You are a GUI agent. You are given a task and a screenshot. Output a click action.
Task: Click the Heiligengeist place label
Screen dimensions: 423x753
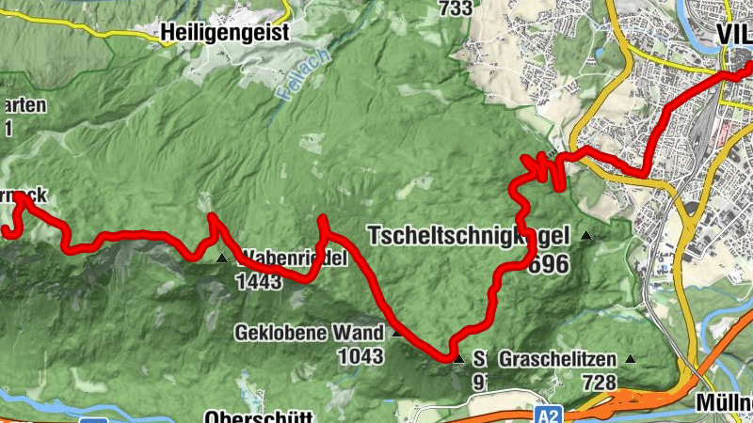point(224,31)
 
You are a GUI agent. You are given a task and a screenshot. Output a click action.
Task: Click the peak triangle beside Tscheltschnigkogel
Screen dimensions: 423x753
point(586,235)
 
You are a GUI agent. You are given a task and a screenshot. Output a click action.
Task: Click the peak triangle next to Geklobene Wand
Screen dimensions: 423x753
point(396,333)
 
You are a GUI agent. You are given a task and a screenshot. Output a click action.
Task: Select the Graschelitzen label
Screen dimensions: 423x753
point(557,359)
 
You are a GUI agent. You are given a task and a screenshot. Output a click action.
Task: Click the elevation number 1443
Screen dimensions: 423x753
point(259,281)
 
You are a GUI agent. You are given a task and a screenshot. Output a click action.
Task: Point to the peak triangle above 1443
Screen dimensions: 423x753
point(222,258)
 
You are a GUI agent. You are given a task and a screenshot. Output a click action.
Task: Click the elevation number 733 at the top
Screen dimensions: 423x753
point(455,8)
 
